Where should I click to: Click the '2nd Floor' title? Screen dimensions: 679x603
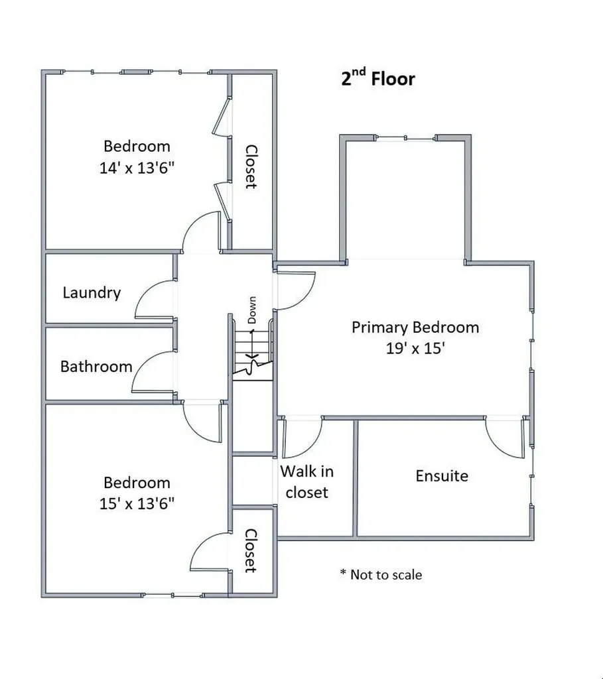pyautogui.click(x=378, y=79)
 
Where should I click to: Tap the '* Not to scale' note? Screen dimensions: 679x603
pyautogui.click(x=381, y=574)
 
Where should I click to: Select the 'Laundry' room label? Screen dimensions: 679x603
pyautogui.click(x=92, y=292)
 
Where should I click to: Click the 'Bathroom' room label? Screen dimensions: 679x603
pyautogui.click(x=96, y=366)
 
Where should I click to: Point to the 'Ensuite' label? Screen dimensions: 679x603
pyautogui.click(x=442, y=475)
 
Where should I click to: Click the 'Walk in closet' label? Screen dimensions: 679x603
pyautogui.click(x=306, y=482)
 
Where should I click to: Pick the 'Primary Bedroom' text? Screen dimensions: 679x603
pyautogui.click(x=415, y=327)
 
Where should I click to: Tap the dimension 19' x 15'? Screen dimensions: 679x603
pyautogui.click(x=415, y=349)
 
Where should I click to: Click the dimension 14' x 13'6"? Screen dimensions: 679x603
pyautogui.click(x=137, y=168)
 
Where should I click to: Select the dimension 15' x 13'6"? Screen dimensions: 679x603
pyautogui.click(x=137, y=504)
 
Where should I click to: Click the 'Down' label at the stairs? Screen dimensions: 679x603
pyautogui.click(x=252, y=310)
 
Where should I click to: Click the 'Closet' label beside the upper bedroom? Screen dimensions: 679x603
pyautogui.click(x=251, y=166)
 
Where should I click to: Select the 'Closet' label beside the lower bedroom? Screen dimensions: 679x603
pyautogui.click(x=250, y=550)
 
